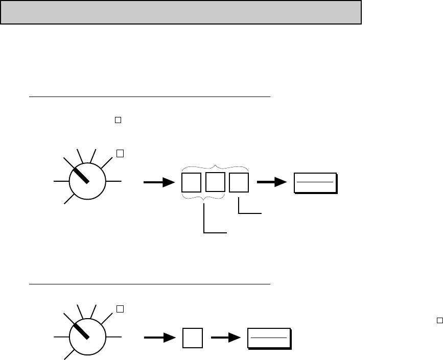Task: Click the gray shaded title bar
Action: [x=181, y=12]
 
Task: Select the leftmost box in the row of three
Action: [x=191, y=183]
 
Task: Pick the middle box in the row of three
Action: [x=215, y=182]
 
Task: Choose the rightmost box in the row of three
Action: [x=239, y=183]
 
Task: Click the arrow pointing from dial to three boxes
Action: [x=159, y=183]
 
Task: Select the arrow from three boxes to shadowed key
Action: [x=271, y=182]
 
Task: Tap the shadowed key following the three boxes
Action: [x=315, y=182]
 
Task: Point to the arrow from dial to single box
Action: [x=158, y=338]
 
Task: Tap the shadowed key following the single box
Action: [x=269, y=338]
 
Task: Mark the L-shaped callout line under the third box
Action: [x=245, y=212]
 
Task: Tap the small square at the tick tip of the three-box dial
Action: [x=120, y=153]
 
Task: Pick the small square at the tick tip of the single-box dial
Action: [x=120, y=309]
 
